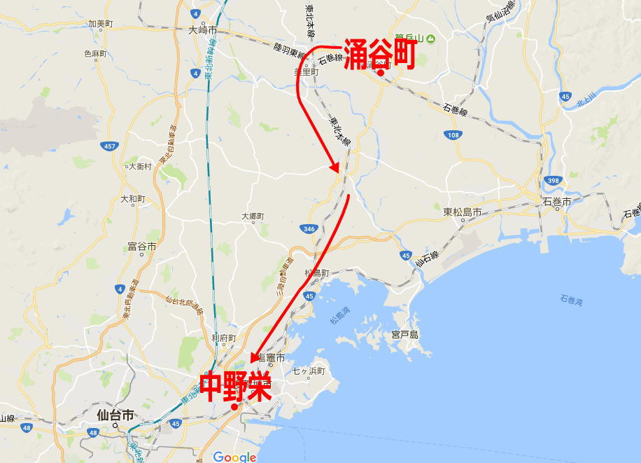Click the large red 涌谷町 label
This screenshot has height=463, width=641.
pos(380,54)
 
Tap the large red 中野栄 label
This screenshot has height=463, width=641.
pos(236,387)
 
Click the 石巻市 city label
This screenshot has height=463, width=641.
pos(557,202)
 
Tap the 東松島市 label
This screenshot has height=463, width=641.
pos(463,212)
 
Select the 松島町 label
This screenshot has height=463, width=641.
pos(317,272)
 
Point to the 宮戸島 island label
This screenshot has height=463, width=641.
pos(404,335)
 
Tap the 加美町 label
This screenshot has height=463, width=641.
pos(100,23)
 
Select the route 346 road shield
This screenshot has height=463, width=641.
pos(308,229)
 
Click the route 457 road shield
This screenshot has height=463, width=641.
pos(109,146)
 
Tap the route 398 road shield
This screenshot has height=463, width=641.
pos(554,180)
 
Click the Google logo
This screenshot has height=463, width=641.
pos(234,457)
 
